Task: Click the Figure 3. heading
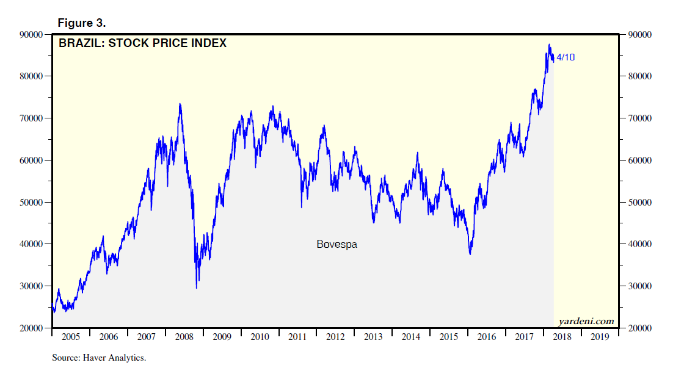coord(82,23)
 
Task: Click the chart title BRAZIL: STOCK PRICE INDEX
coord(142,43)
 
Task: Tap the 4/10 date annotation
coord(566,57)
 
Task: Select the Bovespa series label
coord(337,244)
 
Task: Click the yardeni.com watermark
coord(586,321)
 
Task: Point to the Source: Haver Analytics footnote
coord(99,358)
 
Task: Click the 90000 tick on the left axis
coord(29,35)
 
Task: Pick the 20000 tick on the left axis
coord(29,328)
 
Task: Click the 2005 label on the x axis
coord(71,337)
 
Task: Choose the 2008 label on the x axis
coord(184,337)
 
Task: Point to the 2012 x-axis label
coord(335,337)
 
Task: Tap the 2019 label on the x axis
coord(600,337)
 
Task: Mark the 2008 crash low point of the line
coord(197,287)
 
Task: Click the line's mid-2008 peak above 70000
coord(180,104)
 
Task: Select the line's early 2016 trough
coord(470,254)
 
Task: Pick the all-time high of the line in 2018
coord(549,45)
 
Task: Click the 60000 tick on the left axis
coord(29,161)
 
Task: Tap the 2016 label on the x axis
coord(487,337)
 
